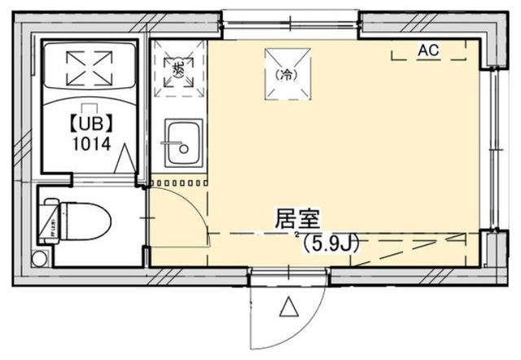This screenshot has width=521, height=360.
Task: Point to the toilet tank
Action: point(50,219)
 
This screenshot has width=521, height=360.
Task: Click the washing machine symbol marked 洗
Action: point(178,68)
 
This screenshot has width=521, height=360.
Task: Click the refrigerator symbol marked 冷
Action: point(286,74)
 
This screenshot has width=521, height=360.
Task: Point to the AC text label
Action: point(428,50)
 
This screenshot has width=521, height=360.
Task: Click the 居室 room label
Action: point(297,218)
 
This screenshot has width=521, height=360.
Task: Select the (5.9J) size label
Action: point(331,242)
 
